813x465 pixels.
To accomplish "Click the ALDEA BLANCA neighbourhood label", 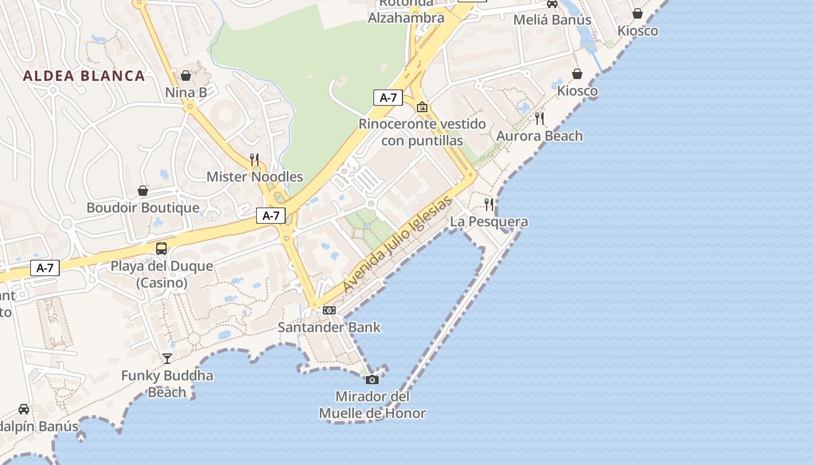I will pos(84,76).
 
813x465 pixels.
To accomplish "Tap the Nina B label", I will pos(186,92).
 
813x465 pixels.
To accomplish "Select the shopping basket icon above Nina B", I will pos(186,76).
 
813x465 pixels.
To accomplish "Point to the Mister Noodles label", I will pos(255,177).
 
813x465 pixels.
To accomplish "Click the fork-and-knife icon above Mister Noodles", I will pos(254,160).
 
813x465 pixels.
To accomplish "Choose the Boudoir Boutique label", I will pos(143,208).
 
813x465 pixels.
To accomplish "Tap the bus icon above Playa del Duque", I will pos(161,249).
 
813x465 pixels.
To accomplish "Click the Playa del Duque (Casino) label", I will pos(162,274).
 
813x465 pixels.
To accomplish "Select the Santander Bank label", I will pos(329,327).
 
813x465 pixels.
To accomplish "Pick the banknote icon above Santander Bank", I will pos(329,310).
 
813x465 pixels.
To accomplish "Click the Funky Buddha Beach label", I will pos(167,384).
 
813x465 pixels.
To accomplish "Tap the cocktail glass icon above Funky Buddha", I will pos(167,359).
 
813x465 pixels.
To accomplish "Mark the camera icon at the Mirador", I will pos(372,380).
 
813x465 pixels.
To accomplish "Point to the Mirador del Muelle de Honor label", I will pos(372,405).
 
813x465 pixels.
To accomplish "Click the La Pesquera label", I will pos(490,221).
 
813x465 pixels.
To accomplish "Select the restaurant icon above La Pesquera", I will pos(490,205).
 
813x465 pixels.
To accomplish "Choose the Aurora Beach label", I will pos(539,136).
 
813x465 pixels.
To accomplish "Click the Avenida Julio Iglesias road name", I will pos(397,244).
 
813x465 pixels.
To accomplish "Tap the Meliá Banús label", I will pos(552,20).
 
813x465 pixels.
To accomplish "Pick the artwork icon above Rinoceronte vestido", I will pos(422,107).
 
